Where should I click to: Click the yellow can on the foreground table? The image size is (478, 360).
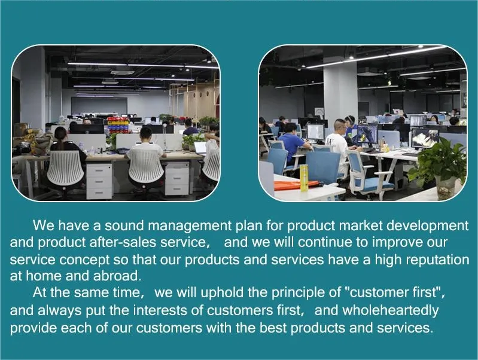coord(304,178)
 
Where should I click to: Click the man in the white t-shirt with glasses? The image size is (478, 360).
coord(337,144)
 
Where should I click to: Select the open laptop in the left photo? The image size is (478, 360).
coord(200,148)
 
